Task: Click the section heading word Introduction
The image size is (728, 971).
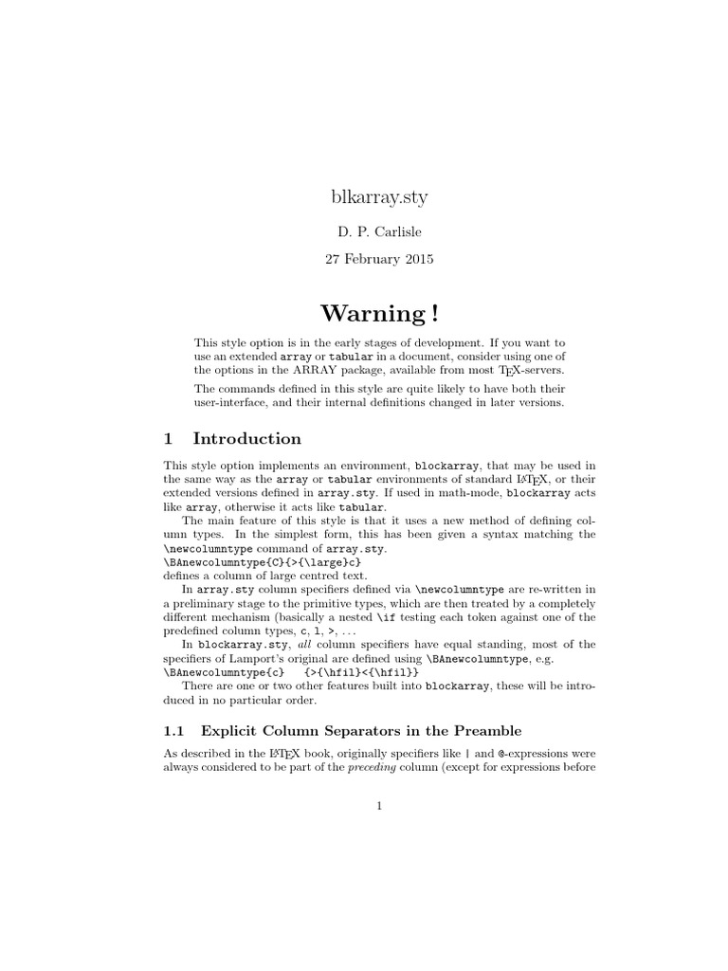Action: (x=247, y=438)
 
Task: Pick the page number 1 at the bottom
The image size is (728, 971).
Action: (x=378, y=807)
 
